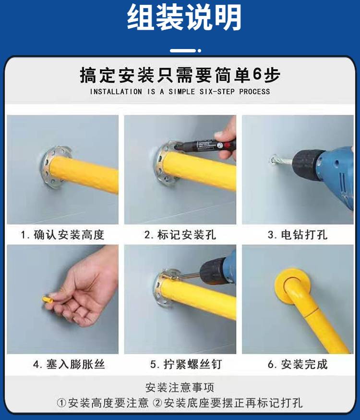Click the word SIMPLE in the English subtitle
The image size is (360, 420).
tap(181, 92)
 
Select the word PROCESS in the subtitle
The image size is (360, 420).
tap(254, 92)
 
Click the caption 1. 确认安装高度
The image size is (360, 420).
tap(62, 235)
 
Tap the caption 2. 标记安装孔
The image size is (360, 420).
tap(180, 235)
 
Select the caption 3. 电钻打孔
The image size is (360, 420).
tap(298, 235)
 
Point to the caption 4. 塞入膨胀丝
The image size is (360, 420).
tap(69, 364)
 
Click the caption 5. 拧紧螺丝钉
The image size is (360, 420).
tap(186, 364)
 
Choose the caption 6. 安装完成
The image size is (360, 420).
tap(298, 364)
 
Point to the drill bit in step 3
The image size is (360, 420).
tap(283, 161)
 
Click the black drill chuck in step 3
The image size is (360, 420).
tap(308, 165)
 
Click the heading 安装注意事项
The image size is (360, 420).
tap(180, 387)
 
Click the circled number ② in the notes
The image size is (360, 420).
tap(158, 403)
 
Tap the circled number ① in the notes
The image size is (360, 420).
tap(61, 403)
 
